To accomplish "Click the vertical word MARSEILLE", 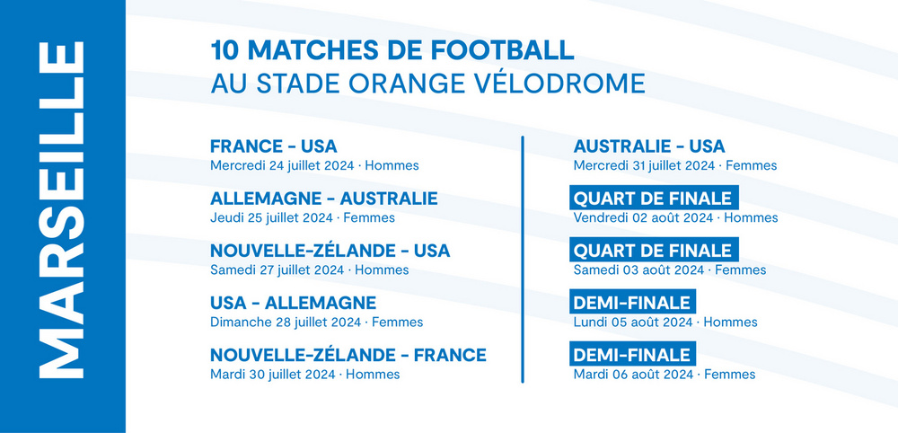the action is [62, 209].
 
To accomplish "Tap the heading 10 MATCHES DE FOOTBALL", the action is [392, 50].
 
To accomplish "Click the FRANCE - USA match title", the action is [274, 146].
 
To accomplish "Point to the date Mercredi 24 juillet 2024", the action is [284, 166].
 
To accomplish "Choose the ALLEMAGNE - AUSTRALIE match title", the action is [324, 199].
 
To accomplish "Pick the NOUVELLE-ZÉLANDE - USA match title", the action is [330, 251].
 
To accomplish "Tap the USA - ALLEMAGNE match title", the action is [294, 303].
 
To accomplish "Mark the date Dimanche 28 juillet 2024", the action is [286, 323].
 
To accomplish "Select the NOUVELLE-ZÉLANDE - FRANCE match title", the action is [348, 355].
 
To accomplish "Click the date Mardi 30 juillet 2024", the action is [273, 375].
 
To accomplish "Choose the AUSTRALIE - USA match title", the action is [649, 146].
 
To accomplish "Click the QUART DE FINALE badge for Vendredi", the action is [654, 199].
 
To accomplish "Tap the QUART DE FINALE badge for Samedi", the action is [654, 251].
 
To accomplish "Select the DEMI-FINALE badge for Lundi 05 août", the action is [632, 303].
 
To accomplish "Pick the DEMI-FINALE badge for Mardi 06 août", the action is [632, 355].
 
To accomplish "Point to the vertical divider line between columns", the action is [523, 259].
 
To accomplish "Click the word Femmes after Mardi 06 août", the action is [729, 375].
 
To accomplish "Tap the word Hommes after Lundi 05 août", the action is [730, 323].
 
